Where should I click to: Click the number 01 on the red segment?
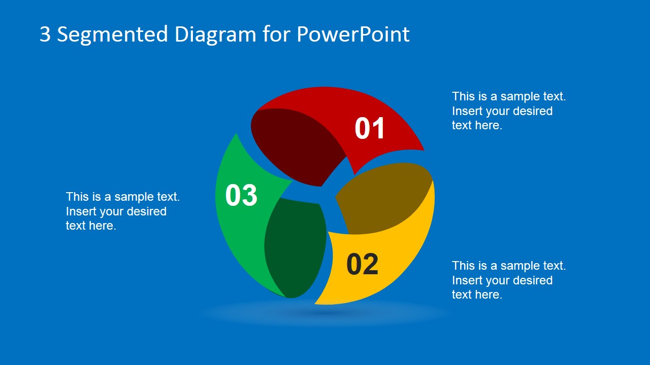(370, 128)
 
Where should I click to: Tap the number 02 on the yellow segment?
(363, 264)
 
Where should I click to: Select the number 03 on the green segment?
(241, 195)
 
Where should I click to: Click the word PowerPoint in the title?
(353, 34)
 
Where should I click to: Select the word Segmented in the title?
(112, 34)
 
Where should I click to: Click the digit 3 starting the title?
(45, 34)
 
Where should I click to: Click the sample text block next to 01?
(509, 111)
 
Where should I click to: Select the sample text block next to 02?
(509, 280)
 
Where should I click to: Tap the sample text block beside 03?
(123, 211)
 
